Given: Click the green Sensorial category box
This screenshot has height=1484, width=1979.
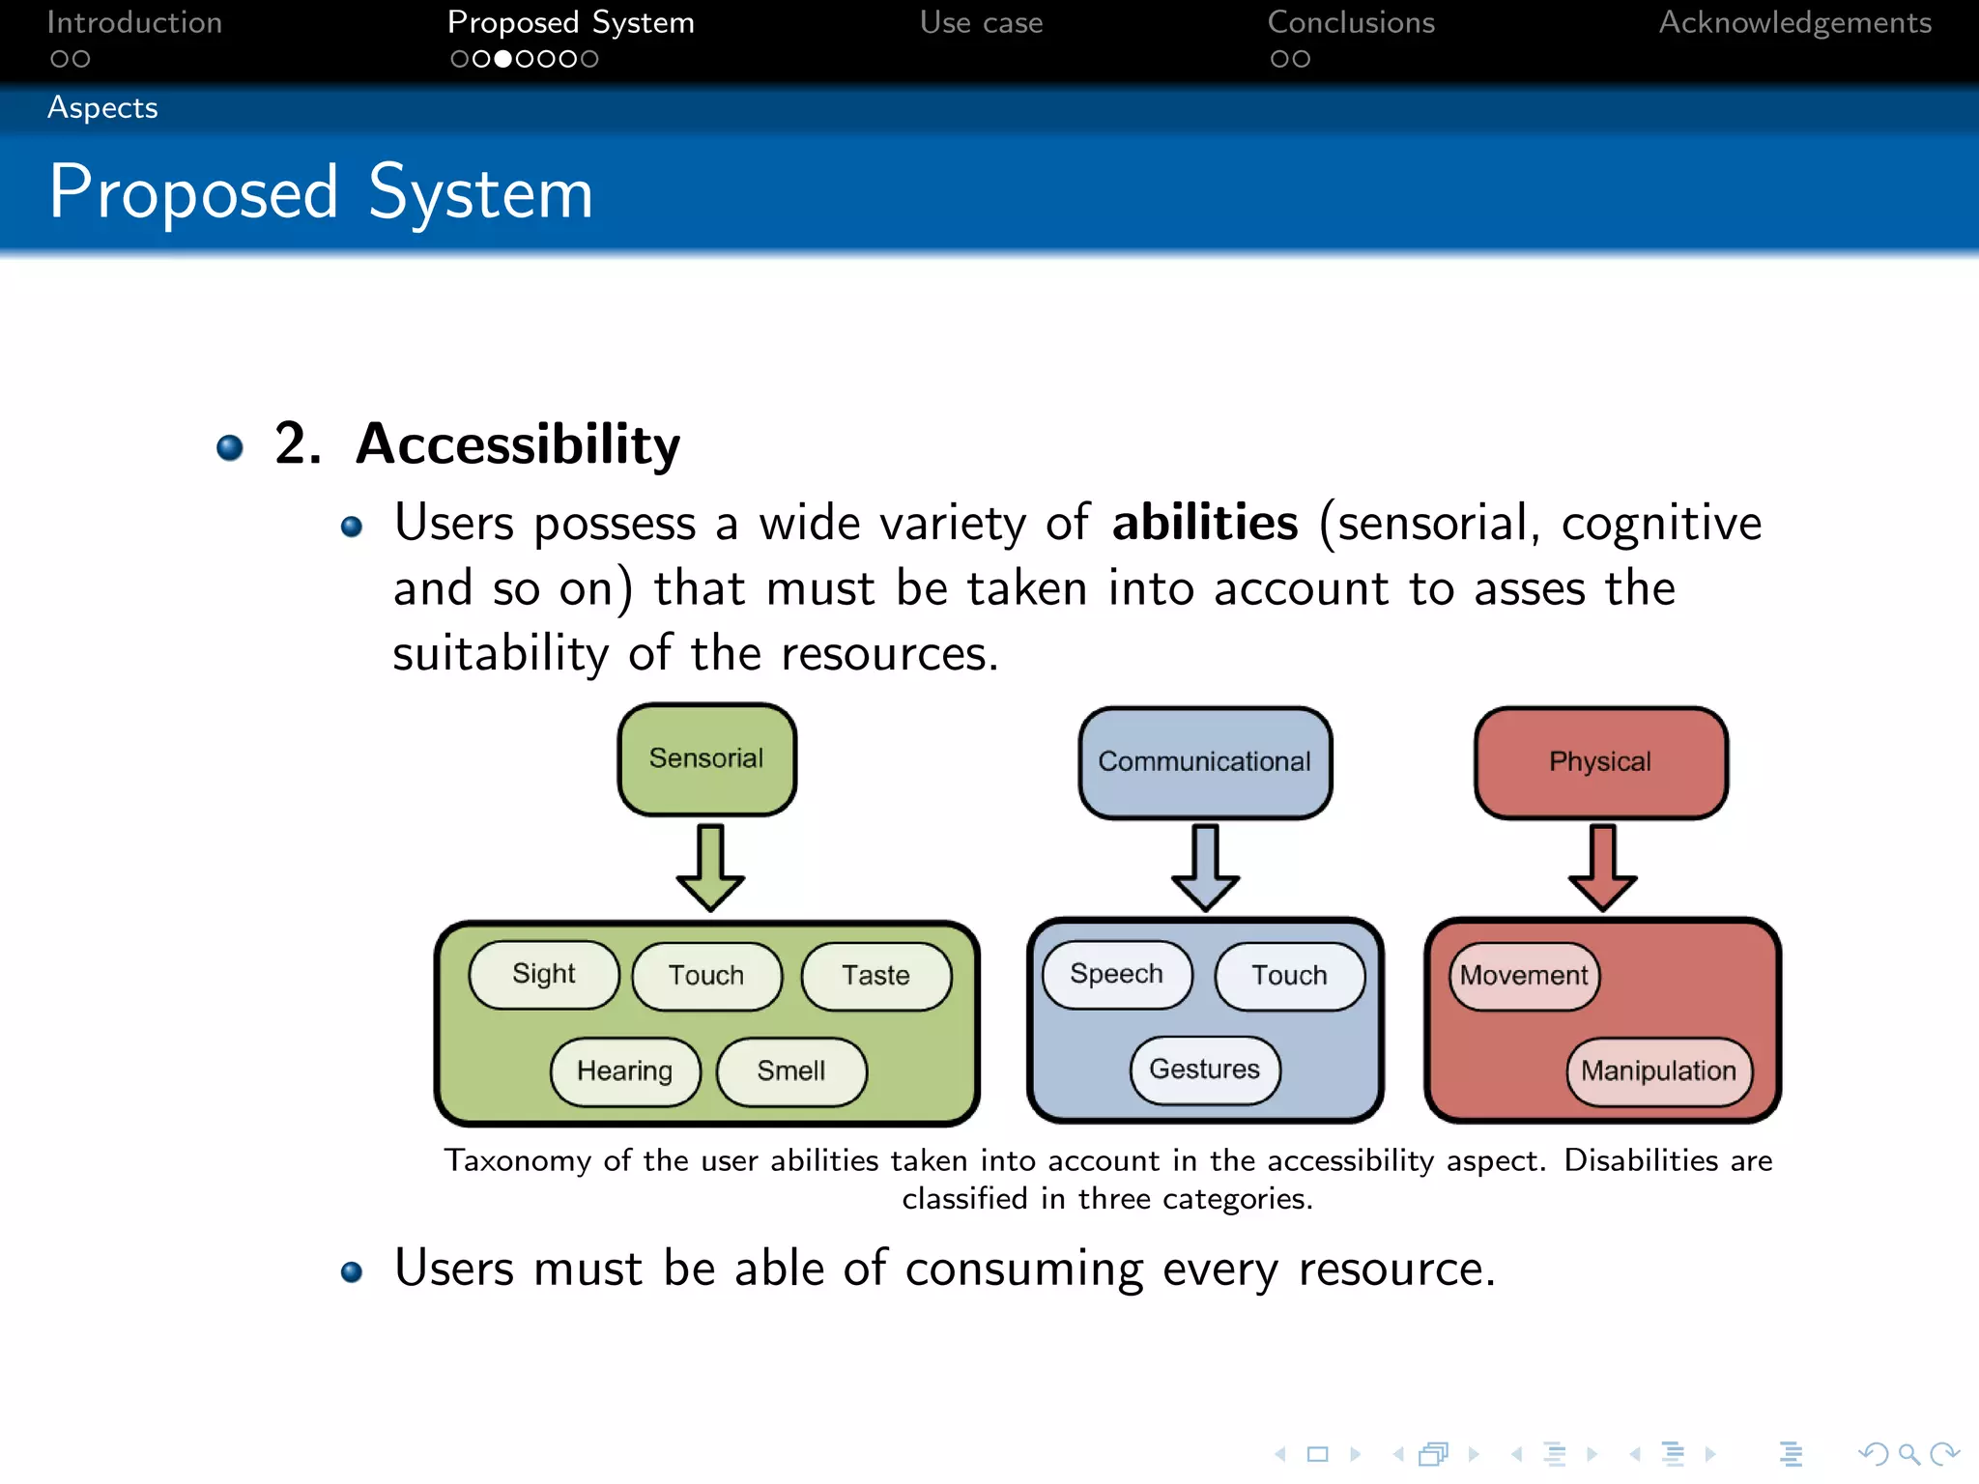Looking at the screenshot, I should [x=706, y=759].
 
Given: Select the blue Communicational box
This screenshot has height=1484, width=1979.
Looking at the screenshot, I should [x=1204, y=762].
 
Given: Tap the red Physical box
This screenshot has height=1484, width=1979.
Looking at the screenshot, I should [x=1600, y=762].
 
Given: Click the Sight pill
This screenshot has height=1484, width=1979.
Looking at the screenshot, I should [x=543, y=974].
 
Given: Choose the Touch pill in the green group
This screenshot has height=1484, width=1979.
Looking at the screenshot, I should [x=706, y=976].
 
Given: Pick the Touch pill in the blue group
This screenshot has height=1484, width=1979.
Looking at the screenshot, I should [x=1289, y=976].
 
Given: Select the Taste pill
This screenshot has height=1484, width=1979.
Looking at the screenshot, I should [x=875, y=976].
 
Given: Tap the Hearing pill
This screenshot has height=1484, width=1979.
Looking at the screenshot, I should [x=624, y=1070].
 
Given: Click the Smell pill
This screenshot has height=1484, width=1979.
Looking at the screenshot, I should [x=790, y=1070].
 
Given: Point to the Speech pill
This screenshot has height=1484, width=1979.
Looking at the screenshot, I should [x=1116, y=974].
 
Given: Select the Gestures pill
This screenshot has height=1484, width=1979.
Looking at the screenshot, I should [x=1204, y=1070].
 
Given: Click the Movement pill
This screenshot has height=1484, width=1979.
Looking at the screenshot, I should [x=1524, y=976].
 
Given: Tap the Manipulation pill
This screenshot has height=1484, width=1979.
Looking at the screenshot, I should [x=1658, y=1070].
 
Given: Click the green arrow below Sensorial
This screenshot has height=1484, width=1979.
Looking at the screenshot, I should [x=710, y=867].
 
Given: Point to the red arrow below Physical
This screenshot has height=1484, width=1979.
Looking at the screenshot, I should [x=1602, y=867].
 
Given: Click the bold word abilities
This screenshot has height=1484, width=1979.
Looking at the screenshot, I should [x=1204, y=523].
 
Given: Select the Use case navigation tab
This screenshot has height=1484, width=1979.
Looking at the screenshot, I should [x=981, y=23].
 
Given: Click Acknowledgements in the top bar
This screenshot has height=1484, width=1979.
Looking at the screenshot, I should [x=1794, y=23].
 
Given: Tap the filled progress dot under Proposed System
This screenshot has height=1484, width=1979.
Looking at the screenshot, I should [x=502, y=59].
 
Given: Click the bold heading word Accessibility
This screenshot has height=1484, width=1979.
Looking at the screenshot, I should [x=518, y=444].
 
